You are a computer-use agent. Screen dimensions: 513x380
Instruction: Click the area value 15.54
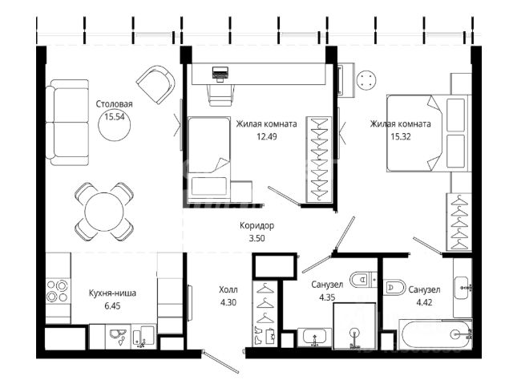pos(115,117)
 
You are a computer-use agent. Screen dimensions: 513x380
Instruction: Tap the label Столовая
pos(114,104)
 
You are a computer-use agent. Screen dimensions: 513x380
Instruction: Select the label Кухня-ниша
pos(112,293)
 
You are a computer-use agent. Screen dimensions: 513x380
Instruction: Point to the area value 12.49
pos(267,136)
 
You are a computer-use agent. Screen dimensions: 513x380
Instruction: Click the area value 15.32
pos(401,136)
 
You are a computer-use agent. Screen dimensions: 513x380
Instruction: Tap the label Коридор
pos(256,225)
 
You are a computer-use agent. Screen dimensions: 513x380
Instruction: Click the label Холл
pos(228,289)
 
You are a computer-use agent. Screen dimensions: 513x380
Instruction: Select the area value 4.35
pos(327,297)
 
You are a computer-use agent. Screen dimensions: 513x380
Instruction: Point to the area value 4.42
pos(424,302)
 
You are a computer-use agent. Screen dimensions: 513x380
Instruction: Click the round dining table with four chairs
pos(104,211)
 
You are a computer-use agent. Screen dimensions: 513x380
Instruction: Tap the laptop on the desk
pos(220,74)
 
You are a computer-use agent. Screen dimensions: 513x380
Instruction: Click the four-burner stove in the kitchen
pos(57,291)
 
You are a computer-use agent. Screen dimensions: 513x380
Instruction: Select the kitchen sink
pos(118,336)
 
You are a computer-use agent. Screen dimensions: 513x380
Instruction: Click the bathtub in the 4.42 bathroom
pos(435,334)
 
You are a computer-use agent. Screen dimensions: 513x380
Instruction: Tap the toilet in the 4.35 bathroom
pos(362,280)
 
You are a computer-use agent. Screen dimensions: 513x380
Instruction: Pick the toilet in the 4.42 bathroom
pos(394,287)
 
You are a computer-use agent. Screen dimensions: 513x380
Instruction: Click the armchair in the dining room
pos(156,84)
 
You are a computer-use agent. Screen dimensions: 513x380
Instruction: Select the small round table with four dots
pos(366,80)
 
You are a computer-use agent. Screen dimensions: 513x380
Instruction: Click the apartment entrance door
pos(221,362)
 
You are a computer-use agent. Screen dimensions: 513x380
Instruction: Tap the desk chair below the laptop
pos(221,95)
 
